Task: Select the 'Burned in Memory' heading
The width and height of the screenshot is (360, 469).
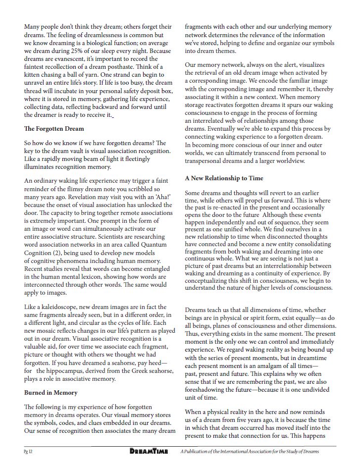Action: [51, 392]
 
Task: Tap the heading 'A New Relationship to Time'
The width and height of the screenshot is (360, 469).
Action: [224, 178]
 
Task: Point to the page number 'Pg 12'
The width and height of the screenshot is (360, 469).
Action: [29, 451]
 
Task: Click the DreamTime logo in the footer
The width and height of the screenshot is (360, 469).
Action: [150, 451]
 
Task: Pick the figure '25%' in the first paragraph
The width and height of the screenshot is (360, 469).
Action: [88, 50]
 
